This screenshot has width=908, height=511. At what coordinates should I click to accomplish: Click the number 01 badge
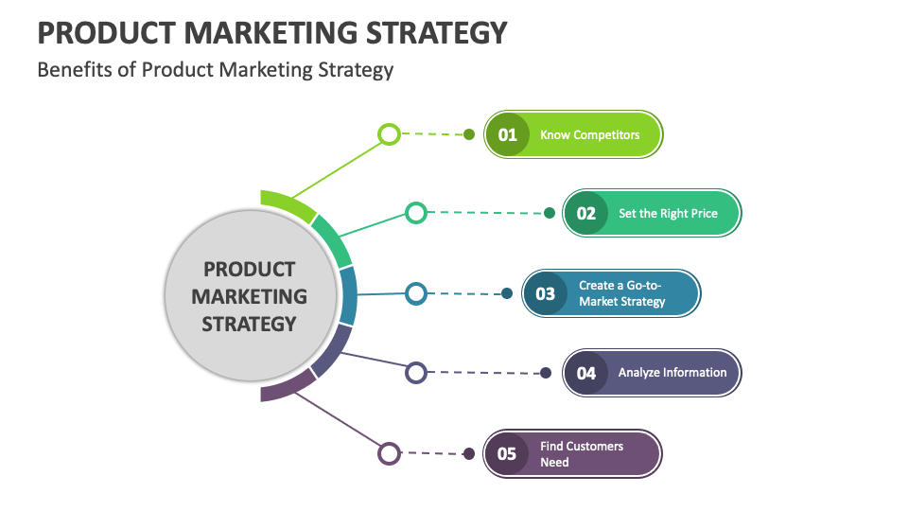[x=508, y=134]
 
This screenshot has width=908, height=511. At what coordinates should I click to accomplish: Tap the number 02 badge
[x=586, y=214]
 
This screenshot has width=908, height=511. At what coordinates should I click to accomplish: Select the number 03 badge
[x=546, y=293]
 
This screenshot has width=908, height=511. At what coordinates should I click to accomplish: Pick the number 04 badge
[x=586, y=373]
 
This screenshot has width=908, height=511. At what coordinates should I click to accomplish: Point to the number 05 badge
[x=508, y=453]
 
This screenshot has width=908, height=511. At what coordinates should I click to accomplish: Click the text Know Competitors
[x=589, y=134]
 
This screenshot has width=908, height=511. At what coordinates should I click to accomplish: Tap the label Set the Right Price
[x=668, y=214]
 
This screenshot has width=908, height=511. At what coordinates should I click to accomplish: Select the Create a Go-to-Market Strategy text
[x=622, y=293]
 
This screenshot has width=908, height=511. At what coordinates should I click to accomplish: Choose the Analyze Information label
[x=672, y=373]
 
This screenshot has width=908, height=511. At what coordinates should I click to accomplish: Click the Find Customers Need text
[x=582, y=453]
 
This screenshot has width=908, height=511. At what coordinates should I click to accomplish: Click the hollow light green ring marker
[x=389, y=134]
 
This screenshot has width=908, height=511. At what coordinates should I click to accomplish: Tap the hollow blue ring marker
[x=416, y=293]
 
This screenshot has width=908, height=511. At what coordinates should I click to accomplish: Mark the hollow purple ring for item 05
[x=389, y=453]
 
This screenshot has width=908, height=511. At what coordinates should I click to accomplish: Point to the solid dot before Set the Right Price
[x=550, y=214]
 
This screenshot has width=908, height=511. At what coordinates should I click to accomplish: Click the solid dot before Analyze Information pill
[x=546, y=373]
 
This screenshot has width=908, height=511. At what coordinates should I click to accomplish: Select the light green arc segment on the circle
[x=287, y=204]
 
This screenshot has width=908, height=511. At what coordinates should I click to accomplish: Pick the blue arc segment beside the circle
[x=347, y=296]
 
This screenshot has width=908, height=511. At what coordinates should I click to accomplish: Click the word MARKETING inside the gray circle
[x=250, y=296]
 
